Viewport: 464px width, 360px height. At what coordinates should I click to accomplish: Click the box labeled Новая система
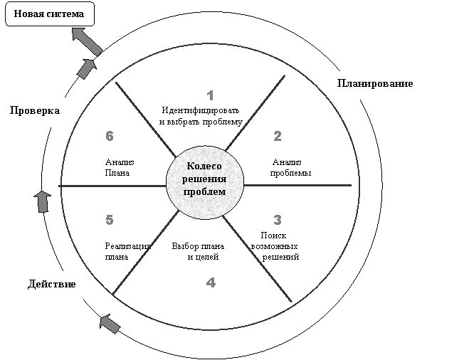click(49, 14)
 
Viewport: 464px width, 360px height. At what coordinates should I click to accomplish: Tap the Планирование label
click(375, 83)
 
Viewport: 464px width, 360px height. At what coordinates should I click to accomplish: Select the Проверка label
click(34, 111)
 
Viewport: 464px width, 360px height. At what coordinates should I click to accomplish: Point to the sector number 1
click(210, 95)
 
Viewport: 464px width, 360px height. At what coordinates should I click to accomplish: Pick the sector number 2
click(278, 136)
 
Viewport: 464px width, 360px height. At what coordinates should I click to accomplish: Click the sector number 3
click(278, 219)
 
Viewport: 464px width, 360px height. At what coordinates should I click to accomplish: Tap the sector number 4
click(210, 282)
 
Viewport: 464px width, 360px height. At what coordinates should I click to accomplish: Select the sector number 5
click(110, 220)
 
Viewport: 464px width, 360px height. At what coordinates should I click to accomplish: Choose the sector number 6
click(110, 136)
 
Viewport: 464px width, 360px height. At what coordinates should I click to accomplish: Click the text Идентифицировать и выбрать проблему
click(202, 116)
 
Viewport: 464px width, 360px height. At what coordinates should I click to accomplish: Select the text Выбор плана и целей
click(196, 251)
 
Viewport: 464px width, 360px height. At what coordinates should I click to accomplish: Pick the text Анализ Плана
click(119, 166)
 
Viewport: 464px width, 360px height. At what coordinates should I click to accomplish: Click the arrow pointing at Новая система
click(87, 43)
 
